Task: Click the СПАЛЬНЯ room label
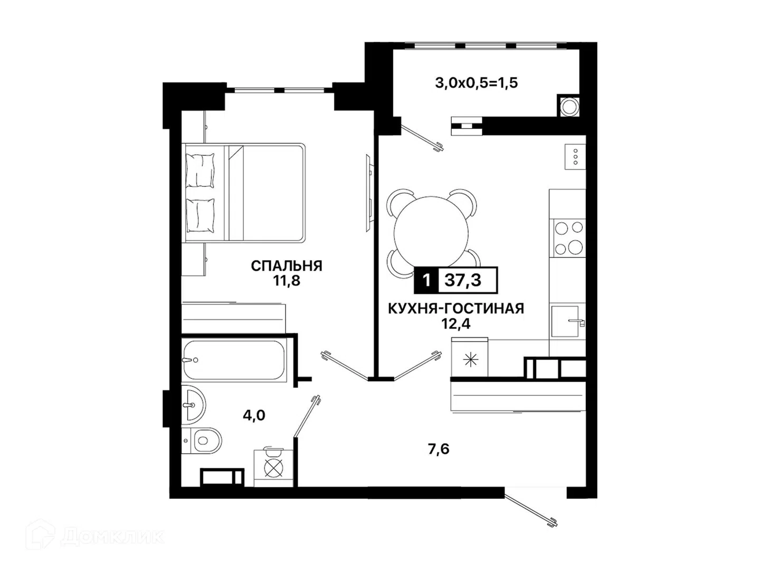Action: click(286, 266)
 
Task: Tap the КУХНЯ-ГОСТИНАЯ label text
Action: click(455, 308)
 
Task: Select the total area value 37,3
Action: click(462, 280)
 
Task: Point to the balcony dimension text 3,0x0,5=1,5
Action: click(476, 83)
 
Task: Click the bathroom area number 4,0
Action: click(254, 415)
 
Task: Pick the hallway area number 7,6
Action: click(439, 449)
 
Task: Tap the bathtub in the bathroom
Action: click(234, 360)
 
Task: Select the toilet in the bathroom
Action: click(202, 441)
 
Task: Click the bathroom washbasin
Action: click(193, 404)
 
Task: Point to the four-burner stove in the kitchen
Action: click(569, 238)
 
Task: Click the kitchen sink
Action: click(566, 321)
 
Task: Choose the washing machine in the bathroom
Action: click(273, 468)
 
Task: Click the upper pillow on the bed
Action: click(200, 170)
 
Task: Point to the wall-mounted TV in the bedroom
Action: click(369, 193)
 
